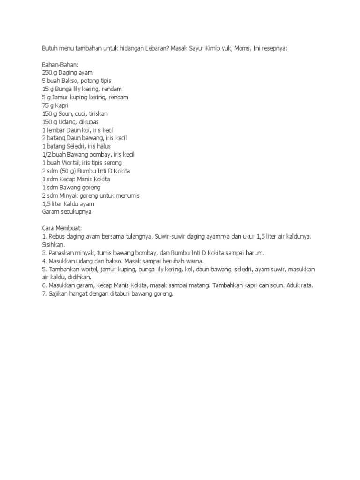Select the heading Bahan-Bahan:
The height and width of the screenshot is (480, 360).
pyautogui.click(x=60, y=65)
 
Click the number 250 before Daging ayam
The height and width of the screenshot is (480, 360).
pyautogui.click(x=47, y=73)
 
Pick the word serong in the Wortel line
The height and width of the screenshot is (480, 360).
pyautogui.click(x=122, y=163)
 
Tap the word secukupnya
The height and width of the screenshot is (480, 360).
pyautogui.click(x=74, y=212)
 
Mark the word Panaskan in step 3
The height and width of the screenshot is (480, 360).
pyautogui.click(x=61, y=253)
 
